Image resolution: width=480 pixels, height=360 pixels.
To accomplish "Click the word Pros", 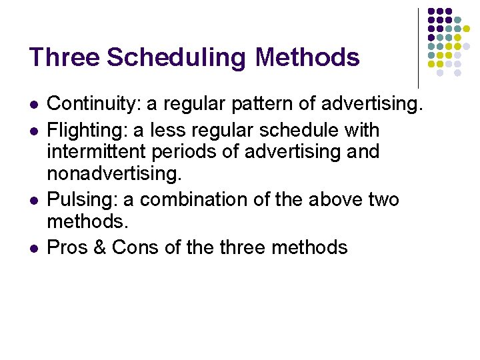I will click(67, 248).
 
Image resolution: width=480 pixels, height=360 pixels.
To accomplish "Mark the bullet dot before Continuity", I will click(33, 105).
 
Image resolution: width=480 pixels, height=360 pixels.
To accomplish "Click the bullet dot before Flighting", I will click(33, 130).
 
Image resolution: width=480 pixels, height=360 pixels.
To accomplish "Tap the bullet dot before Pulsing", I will click(33, 199).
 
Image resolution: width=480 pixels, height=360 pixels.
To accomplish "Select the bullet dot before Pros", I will click(33, 249).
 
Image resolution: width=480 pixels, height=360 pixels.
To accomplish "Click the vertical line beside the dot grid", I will click(418, 47).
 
